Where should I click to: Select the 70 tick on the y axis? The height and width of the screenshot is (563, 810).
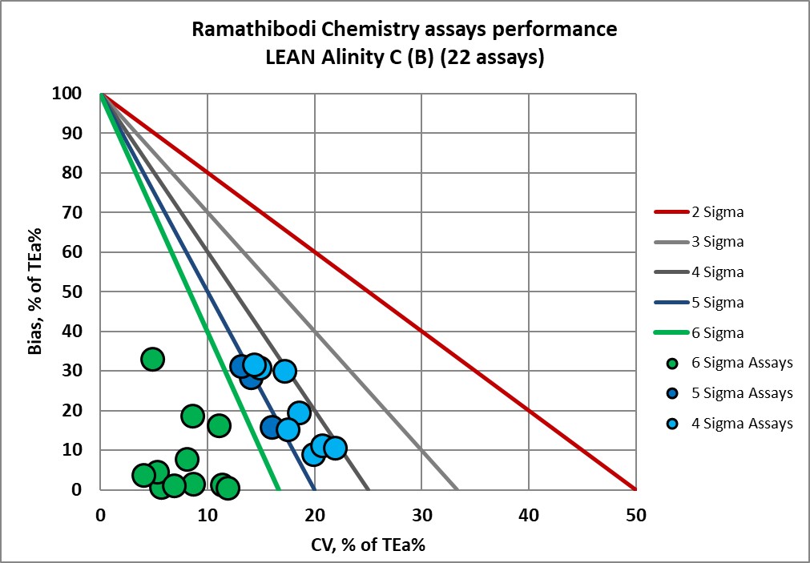(75, 212)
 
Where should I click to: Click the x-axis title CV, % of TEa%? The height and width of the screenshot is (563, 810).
(368, 545)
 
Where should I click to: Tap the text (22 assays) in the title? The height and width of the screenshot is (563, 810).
(497, 58)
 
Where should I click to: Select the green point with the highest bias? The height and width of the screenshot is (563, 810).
(152, 359)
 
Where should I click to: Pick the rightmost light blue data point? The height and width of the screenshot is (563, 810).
(335, 448)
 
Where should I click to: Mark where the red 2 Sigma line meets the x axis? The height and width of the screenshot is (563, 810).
(635, 489)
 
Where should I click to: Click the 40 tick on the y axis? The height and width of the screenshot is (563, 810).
(75, 331)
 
